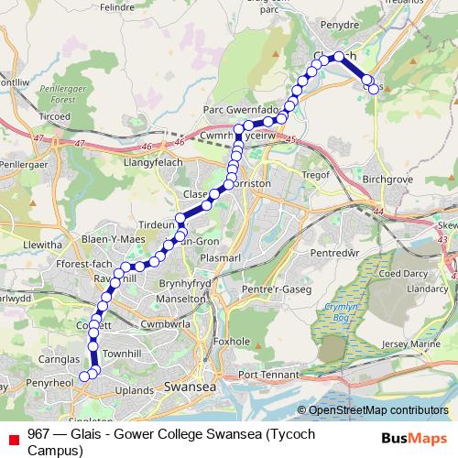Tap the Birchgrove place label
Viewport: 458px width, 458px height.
[x=387, y=180]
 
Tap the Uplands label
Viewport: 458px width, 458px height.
[x=135, y=391]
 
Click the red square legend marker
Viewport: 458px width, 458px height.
[x=13, y=434]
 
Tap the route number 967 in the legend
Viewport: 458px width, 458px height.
[x=39, y=433]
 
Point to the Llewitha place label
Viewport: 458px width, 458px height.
[x=40, y=245]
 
